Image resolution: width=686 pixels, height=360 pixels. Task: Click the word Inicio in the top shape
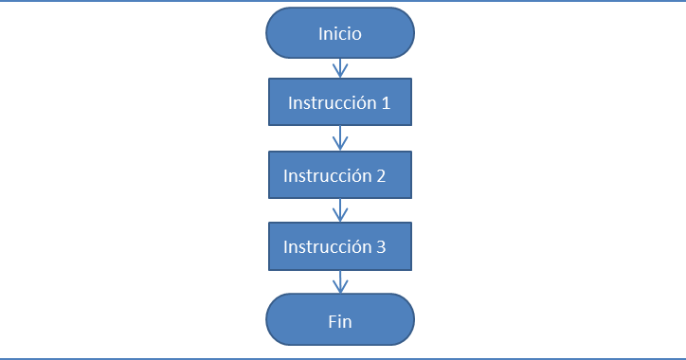339,33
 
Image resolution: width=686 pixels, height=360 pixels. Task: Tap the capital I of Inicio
320,33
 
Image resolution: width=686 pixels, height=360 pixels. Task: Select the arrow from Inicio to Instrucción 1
340,68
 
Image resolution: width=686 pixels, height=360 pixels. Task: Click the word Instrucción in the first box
332,103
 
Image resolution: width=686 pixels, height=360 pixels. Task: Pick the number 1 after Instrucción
386,103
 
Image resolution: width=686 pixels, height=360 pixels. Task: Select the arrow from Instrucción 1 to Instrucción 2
340,138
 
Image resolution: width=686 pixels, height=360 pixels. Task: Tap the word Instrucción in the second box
327,175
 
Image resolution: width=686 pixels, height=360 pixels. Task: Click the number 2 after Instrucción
380,175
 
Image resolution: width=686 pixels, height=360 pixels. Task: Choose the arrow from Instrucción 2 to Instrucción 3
340,210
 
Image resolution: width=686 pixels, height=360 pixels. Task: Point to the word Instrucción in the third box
327,247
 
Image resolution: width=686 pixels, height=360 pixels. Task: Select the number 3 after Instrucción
380,247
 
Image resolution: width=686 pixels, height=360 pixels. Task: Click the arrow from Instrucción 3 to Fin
340,281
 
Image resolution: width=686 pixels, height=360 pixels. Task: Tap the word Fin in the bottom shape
339,321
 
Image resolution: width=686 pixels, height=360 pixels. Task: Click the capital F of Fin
332,321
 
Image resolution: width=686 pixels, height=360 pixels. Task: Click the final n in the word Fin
348,322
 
